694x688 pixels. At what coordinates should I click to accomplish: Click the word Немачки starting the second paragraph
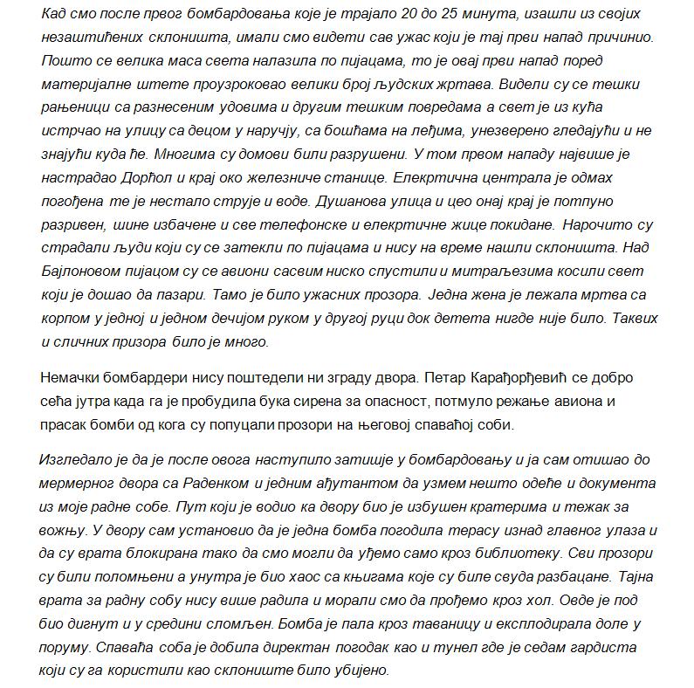[x=73, y=379]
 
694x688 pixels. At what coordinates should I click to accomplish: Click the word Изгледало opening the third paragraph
[x=78, y=460]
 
